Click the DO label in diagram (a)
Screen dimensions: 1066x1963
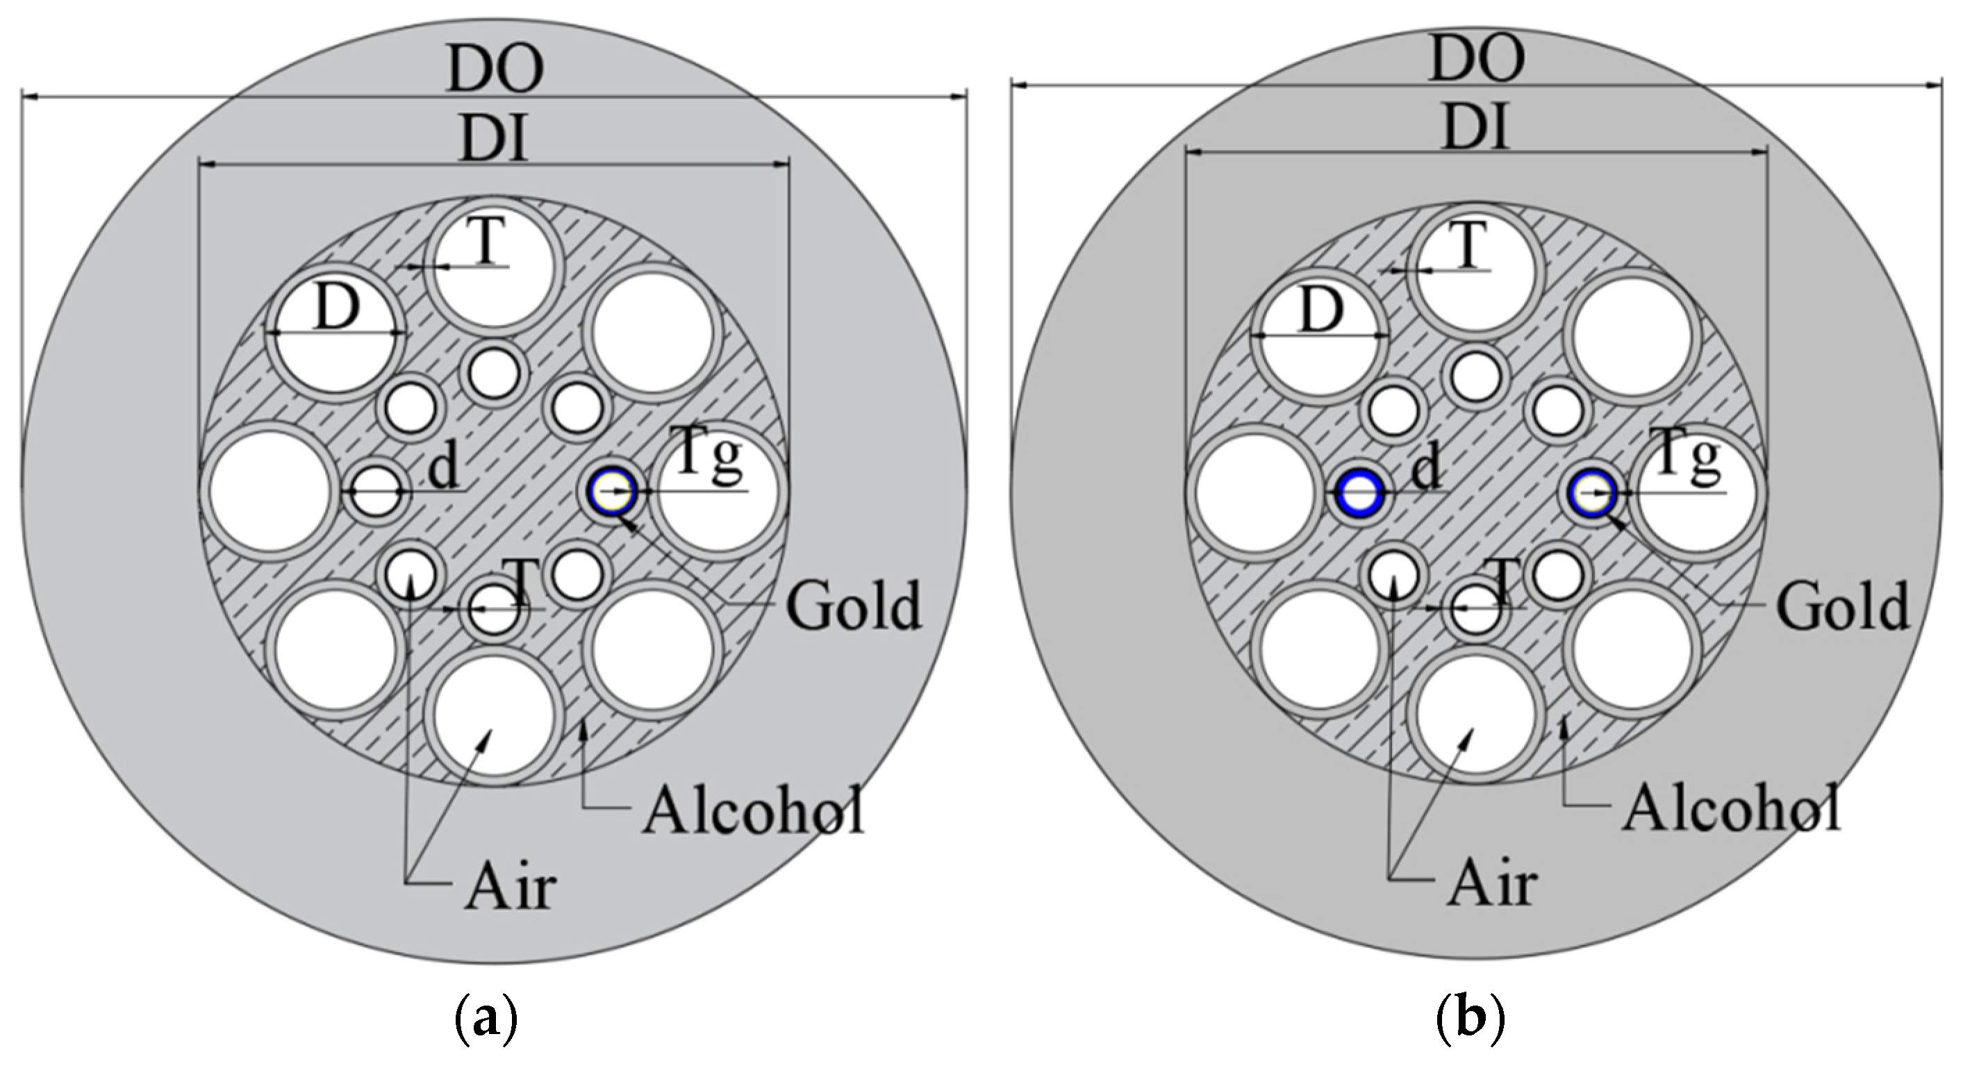(495, 69)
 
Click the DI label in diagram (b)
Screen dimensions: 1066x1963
(1476, 126)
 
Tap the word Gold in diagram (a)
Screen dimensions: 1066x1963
(854, 606)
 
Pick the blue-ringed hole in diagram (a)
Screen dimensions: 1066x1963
(612, 492)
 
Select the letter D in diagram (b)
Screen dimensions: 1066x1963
(1320, 313)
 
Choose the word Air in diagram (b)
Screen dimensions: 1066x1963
(1491, 886)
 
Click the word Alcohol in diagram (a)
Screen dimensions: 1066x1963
(753, 810)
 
